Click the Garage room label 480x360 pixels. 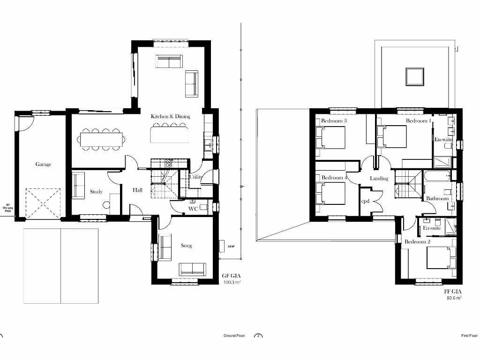click(43, 165)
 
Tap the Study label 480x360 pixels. click(96, 191)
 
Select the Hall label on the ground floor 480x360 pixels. click(137, 190)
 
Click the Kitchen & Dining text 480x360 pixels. click(170, 116)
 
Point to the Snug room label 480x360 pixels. click(186, 245)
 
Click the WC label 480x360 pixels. click(193, 209)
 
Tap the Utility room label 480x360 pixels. click(195, 177)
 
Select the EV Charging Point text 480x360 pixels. click(7, 208)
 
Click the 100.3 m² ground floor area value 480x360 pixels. click(231, 283)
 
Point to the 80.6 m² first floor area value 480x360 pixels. click(453, 298)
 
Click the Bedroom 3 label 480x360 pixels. click(334, 121)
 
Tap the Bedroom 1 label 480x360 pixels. click(418, 121)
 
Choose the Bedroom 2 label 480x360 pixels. click(417, 241)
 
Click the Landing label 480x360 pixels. click(379, 178)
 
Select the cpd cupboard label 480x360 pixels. click(365, 201)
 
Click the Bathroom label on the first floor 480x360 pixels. click(437, 198)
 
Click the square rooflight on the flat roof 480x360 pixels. click(414, 76)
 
